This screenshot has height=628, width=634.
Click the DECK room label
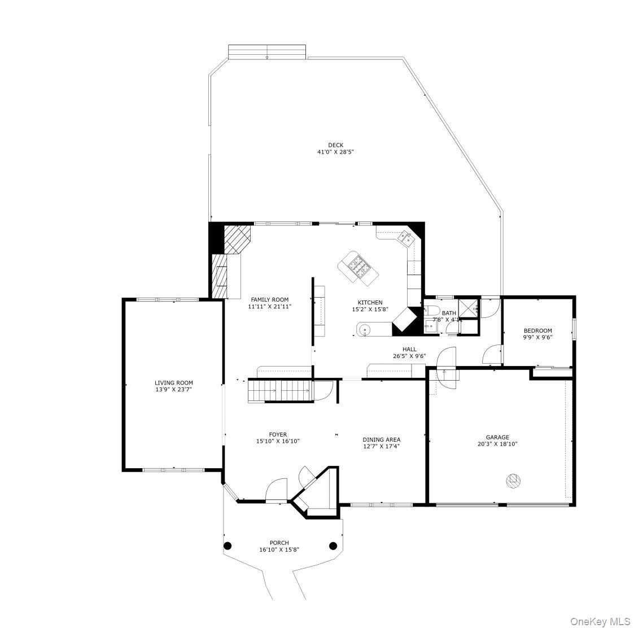coord(335,145)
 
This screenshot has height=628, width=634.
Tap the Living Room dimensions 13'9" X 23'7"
coord(173,390)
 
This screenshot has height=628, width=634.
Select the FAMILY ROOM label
coord(269,300)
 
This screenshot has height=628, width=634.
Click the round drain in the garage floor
coord(513,481)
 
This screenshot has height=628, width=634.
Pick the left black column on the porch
coord(228,546)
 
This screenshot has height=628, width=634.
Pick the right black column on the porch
coord(333,546)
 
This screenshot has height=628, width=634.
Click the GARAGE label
coord(497,437)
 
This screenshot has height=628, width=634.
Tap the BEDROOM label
coord(537,331)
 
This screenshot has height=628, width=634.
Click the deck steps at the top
coord(267,52)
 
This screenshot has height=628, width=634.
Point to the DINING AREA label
coord(381,439)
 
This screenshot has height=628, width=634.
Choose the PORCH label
coord(279,543)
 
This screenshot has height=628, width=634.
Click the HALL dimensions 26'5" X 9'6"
coord(409,356)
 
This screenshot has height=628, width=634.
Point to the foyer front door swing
coord(277,490)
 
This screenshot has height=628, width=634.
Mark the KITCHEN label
coord(370,303)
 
